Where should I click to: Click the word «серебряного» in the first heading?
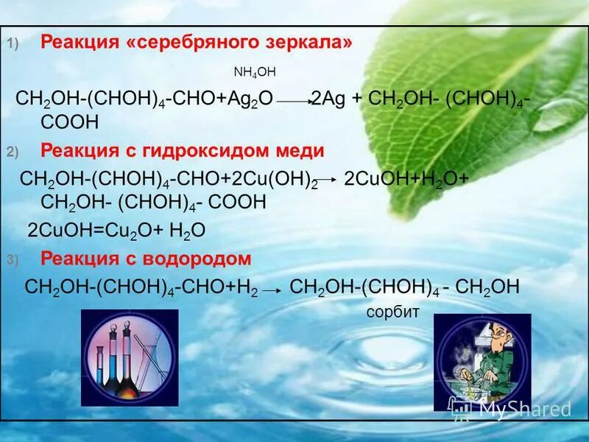click(194, 43)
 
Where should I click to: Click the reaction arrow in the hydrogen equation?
click(272, 291)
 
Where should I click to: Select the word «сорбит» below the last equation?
click(392, 312)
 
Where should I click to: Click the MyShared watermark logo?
click(511, 408)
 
